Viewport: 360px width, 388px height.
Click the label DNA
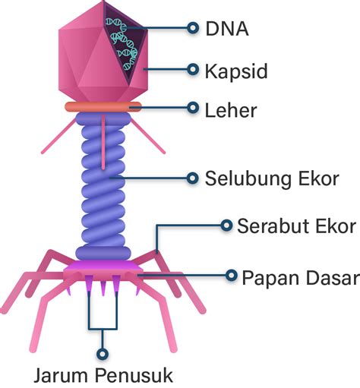(x=227, y=29)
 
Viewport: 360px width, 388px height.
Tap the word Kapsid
(x=236, y=71)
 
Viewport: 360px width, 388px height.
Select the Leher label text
(x=231, y=111)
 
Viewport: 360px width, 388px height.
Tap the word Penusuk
(x=134, y=375)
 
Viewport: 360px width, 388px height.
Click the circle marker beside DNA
(x=193, y=27)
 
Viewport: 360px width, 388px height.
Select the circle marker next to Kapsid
(x=193, y=69)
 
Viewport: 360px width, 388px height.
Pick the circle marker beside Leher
(x=193, y=108)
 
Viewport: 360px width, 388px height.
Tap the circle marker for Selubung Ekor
(x=192, y=178)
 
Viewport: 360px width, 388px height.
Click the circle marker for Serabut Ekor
(x=226, y=226)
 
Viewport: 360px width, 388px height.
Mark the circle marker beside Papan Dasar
(x=231, y=275)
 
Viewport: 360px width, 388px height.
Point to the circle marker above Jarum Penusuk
(x=103, y=354)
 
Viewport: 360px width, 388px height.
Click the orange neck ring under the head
(x=103, y=107)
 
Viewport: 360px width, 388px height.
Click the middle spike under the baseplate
(x=103, y=287)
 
